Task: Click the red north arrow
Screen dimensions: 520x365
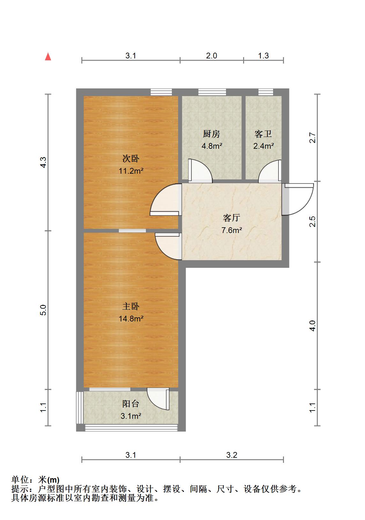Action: pos(48,57)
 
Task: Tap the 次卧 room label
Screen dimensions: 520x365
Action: pos(131,158)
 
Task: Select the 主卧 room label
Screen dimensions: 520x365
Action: pos(131,306)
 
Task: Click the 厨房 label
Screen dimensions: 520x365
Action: pos(212,134)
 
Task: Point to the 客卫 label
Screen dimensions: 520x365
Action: pos(263,134)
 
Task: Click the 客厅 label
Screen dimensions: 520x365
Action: pos(231,218)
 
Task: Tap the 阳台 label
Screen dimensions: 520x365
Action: pos(131,404)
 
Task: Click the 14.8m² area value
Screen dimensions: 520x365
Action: pos(131,319)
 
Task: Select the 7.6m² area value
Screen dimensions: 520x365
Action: pos(232,230)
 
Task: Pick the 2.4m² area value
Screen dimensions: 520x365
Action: pos(264,146)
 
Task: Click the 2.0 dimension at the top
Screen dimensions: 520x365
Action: pos(211,56)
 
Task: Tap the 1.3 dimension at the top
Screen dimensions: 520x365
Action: pos(263,56)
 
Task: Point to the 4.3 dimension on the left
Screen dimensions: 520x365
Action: pos(43,163)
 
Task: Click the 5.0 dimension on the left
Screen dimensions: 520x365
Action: pos(43,310)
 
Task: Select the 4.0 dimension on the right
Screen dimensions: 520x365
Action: pos(313,326)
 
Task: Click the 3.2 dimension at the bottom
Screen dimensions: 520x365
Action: pos(232,455)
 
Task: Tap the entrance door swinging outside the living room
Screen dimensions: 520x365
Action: pos(298,199)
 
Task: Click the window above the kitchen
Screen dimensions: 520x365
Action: pos(212,92)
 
